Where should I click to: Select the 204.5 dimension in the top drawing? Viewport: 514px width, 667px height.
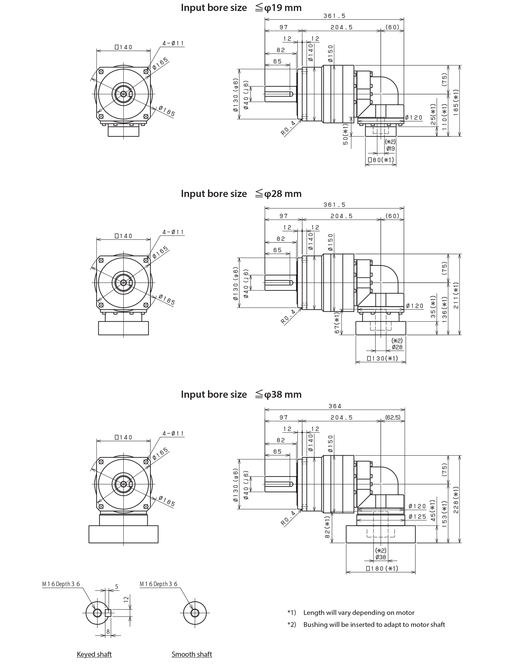tap(341, 27)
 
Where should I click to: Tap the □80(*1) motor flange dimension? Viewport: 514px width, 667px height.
tap(380, 160)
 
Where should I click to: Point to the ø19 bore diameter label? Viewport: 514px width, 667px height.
tap(390, 149)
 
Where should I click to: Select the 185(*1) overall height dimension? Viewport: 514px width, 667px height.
tap(456, 103)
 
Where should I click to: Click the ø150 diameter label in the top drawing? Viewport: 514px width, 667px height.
tap(331, 53)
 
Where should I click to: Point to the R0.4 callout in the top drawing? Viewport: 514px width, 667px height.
tap(288, 128)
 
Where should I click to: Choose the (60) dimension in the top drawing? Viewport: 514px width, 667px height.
tap(392, 27)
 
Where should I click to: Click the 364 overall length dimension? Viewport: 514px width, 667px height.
tap(334, 406)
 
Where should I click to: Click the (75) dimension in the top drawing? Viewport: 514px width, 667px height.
tap(444, 79)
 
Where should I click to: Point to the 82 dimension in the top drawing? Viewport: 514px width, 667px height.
tap(280, 50)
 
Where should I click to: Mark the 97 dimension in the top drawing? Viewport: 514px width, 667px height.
tap(283, 27)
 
